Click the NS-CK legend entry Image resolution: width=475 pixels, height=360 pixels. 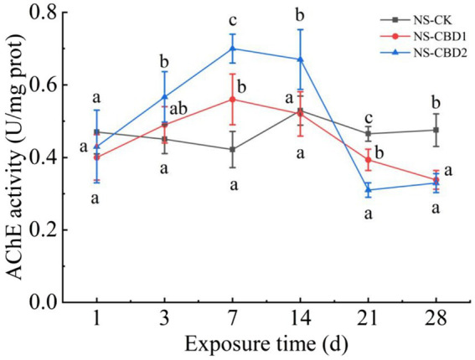coord(424,18)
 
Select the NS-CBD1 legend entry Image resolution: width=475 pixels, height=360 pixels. coord(426,35)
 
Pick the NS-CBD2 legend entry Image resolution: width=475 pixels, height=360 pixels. coord(426,52)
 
